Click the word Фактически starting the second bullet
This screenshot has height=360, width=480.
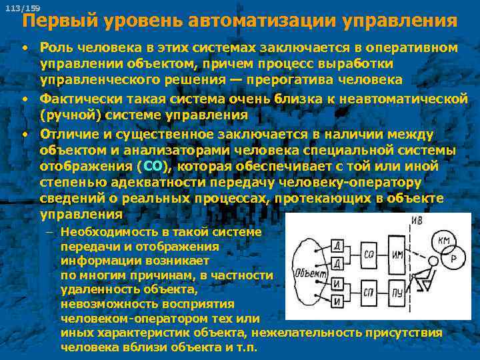pyautogui.click(x=75, y=99)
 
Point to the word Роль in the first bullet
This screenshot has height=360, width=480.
pyautogui.click(x=56, y=47)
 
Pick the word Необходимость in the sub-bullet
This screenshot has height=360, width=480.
pyautogui.click(x=101, y=231)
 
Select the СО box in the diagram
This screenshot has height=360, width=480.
pyautogui.click(x=371, y=254)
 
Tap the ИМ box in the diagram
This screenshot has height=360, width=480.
pyautogui.click(x=398, y=255)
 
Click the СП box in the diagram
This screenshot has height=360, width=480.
pyautogui.click(x=371, y=293)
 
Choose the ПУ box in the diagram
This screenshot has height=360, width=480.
pyautogui.click(x=398, y=293)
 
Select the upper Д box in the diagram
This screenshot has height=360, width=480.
pyautogui.click(x=339, y=245)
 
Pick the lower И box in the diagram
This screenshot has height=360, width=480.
pyautogui.click(x=339, y=302)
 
